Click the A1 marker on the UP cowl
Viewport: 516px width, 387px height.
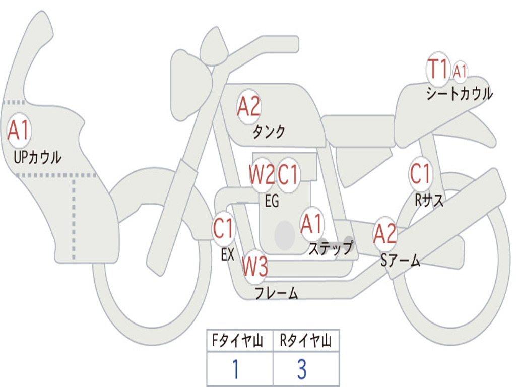(x=19, y=131)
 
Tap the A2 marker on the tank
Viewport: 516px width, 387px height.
(x=249, y=107)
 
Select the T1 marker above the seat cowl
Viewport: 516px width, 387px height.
(x=438, y=70)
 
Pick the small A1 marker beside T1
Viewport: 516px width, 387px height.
(x=460, y=71)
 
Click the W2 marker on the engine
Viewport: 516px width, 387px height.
(x=262, y=174)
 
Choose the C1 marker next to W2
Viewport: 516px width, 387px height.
(x=288, y=174)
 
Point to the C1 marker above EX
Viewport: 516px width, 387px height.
(x=223, y=228)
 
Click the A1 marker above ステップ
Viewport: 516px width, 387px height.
(x=311, y=224)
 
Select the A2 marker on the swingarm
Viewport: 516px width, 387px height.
(x=384, y=234)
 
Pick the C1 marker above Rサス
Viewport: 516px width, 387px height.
(x=420, y=173)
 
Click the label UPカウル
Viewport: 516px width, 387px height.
(x=37, y=157)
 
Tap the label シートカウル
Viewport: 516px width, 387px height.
(x=460, y=93)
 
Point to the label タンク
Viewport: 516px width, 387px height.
(x=269, y=132)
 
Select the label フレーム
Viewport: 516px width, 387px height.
(x=277, y=293)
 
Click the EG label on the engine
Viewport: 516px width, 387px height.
(x=272, y=201)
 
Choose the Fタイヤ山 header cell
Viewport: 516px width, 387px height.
(x=240, y=341)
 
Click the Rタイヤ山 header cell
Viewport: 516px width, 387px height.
(x=306, y=341)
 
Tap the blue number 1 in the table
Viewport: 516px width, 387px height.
(x=236, y=369)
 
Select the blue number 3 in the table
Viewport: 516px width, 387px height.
(x=302, y=369)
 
